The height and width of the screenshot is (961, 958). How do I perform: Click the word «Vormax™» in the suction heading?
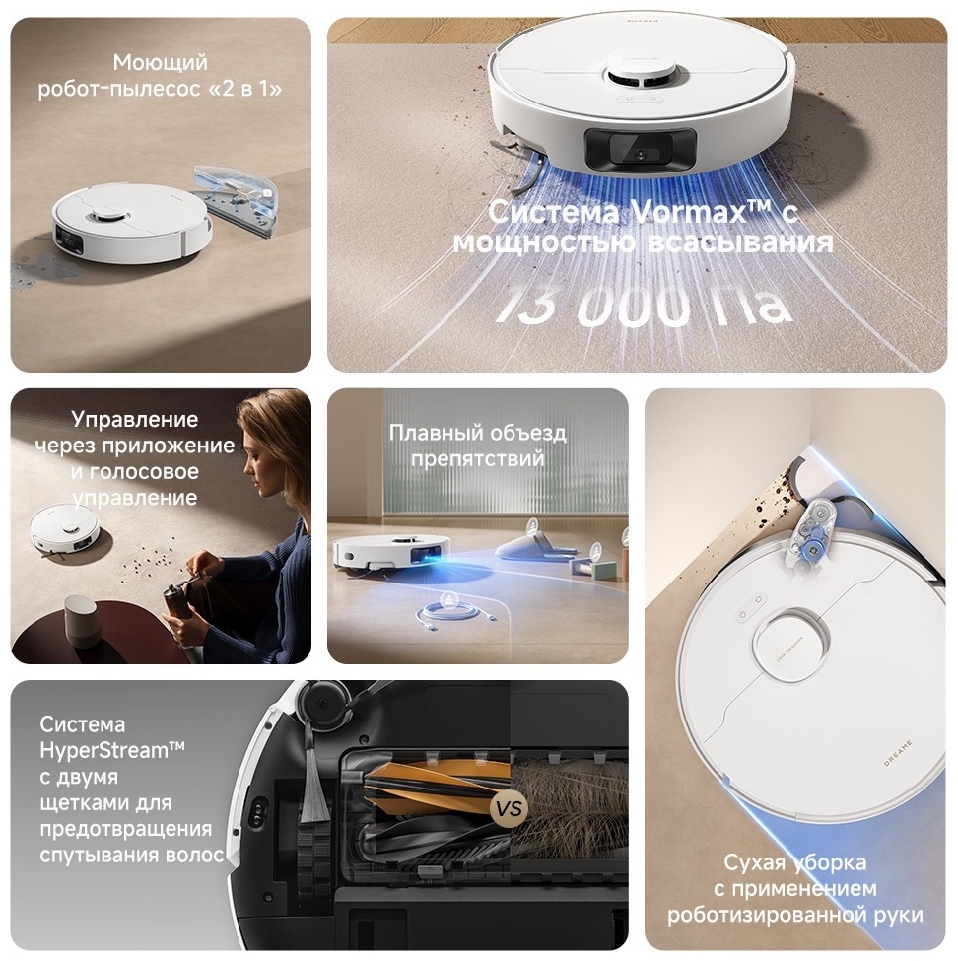click(689, 211)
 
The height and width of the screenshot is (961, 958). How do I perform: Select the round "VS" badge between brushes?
click(510, 809)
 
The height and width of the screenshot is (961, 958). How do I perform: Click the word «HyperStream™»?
click(111, 750)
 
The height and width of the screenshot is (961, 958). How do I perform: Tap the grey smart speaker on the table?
click(84, 618)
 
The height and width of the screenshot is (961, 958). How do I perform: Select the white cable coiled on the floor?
click(449, 616)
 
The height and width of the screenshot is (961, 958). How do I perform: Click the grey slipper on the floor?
click(532, 545)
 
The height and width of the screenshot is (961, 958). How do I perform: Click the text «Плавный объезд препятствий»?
click(477, 446)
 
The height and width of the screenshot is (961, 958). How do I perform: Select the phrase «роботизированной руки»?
click(794, 915)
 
